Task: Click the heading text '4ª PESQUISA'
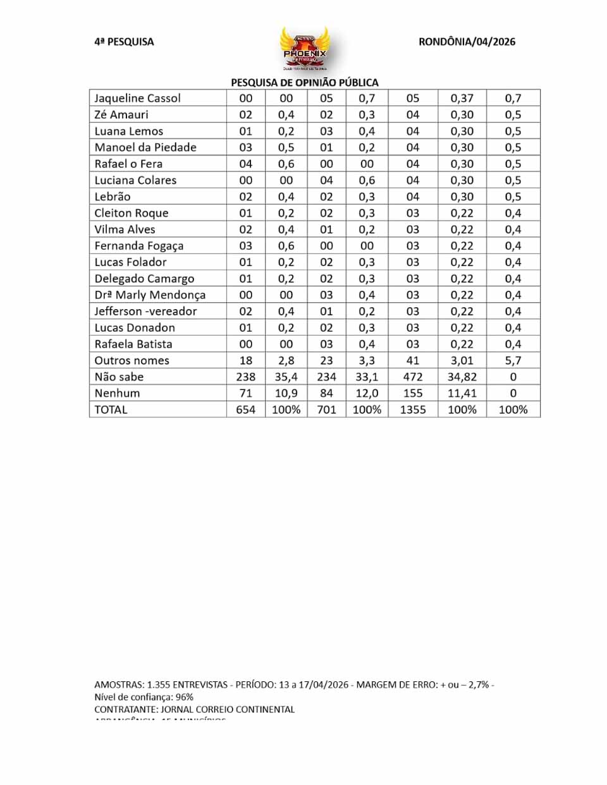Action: coord(124,42)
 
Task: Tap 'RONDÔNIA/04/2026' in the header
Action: coord(467,42)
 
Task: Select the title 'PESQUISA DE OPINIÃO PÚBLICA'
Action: coord(305,82)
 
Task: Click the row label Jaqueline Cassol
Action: coord(137,98)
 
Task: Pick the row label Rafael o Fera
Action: coord(128,164)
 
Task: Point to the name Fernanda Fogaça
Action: coord(138,246)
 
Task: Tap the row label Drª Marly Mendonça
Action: coord(150,295)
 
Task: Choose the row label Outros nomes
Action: coord(132,360)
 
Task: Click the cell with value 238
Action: coord(245,377)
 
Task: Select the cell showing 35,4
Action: coord(286,377)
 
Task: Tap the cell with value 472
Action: coord(413,377)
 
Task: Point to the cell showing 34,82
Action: coord(462,377)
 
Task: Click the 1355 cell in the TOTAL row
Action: coord(413,410)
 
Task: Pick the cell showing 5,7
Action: coord(513,360)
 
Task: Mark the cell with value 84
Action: coord(326,393)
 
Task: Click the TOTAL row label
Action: coord(111,410)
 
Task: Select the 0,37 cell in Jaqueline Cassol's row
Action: coord(462,98)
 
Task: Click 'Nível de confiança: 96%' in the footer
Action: coord(144,697)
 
